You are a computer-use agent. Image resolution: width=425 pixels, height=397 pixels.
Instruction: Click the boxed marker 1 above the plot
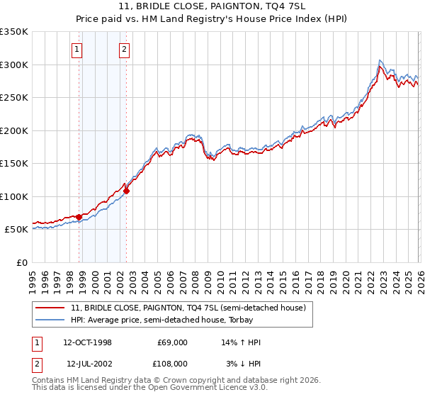pos(76,50)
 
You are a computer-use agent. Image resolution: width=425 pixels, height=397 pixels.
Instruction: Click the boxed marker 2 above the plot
pos(124,50)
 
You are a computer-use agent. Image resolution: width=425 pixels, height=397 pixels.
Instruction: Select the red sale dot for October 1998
pos(79,217)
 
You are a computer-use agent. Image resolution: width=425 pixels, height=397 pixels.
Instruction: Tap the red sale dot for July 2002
pos(126,191)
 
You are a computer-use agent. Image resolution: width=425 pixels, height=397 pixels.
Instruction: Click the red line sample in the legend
pos(50,308)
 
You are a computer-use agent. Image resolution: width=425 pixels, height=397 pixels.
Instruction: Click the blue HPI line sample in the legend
pos(50,320)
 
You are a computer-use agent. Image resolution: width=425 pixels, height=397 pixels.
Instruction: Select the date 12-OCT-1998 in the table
pos(87,342)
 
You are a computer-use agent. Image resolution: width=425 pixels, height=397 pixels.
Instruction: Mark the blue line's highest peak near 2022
pos(380,60)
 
